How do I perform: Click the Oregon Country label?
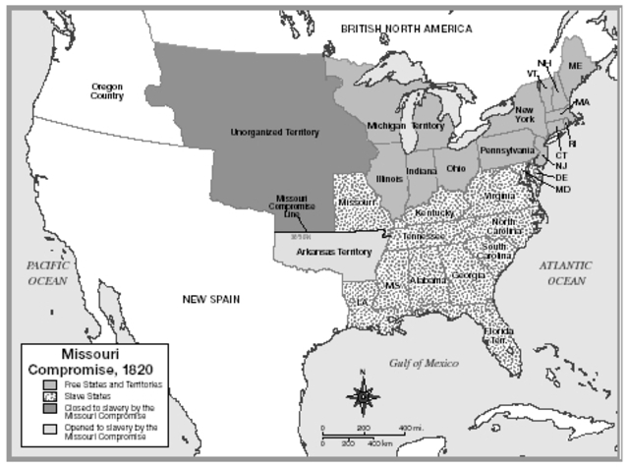coord(106,91)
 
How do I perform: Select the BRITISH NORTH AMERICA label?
coord(406,29)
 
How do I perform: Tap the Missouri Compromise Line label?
coord(293,209)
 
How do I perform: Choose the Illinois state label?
coord(390,179)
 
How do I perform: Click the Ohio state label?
coord(456,167)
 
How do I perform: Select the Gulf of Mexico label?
coord(422,363)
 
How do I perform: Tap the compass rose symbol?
coord(364,396)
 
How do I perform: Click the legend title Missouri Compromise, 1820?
coord(94,360)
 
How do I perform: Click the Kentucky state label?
coord(434,212)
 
